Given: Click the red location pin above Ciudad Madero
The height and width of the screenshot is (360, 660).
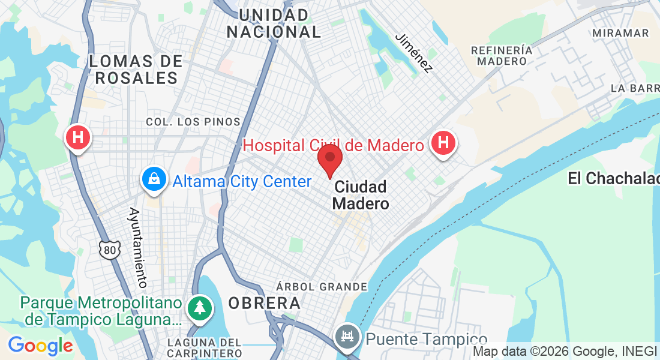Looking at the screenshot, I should (329, 160).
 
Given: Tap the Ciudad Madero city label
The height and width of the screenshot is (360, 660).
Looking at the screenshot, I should (360, 195).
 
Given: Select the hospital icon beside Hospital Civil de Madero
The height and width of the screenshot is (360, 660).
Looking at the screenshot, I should (443, 144).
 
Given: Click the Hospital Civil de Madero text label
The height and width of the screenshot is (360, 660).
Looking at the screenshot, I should (333, 145).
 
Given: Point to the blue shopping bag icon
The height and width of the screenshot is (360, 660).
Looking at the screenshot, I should (154, 179).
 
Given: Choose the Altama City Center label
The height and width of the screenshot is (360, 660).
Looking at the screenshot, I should (242, 181).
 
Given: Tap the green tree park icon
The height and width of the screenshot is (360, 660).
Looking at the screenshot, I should (199, 308).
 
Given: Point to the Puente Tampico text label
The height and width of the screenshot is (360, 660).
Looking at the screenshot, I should (426, 340).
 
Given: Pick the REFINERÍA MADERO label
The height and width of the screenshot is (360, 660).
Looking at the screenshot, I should (503, 55).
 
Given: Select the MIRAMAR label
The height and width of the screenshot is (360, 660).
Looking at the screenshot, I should (620, 33).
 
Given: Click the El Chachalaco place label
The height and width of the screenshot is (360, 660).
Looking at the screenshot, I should (613, 178).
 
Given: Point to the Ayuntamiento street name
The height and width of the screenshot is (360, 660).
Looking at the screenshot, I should (137, 247).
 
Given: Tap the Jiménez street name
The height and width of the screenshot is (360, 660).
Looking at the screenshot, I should (413, 52).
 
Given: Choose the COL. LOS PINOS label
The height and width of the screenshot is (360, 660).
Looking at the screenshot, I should (193, 122).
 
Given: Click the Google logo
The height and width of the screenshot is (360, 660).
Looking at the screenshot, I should (40, 346).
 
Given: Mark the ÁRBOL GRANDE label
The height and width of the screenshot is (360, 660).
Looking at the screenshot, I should (322, 287).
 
